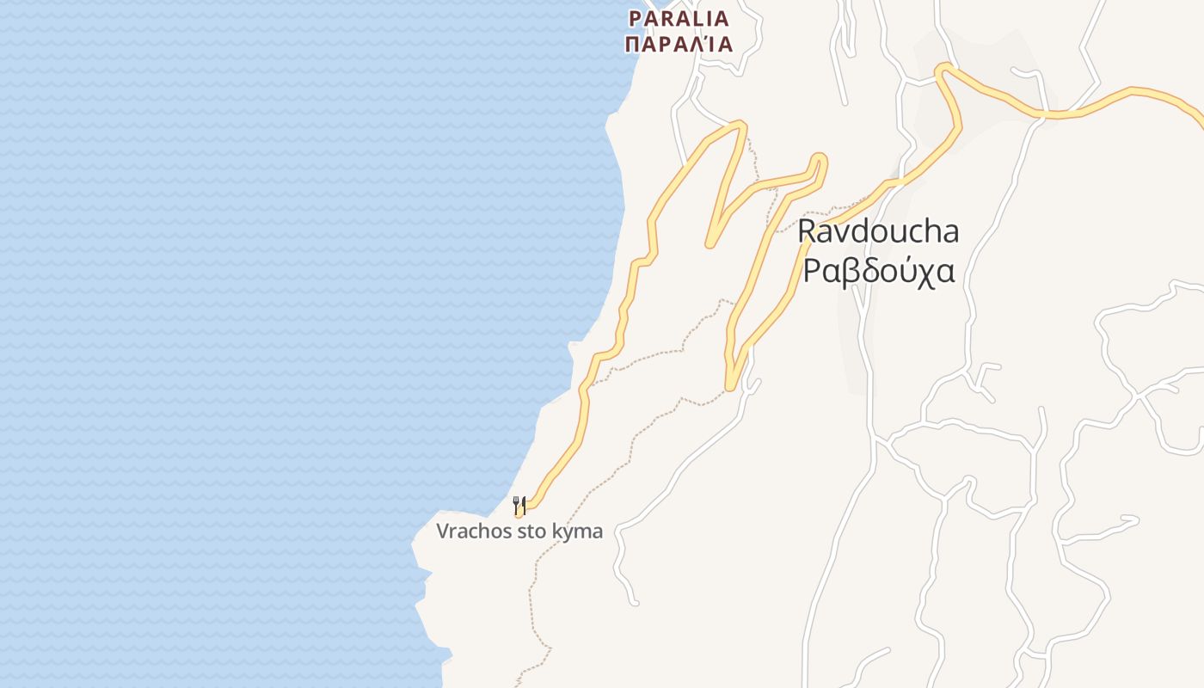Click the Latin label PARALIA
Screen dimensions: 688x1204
679,18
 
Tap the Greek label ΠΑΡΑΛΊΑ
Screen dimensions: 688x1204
679,44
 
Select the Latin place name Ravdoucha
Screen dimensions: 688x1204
878,231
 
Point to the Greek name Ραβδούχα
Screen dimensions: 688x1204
878,270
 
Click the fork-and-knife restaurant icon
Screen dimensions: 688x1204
519,505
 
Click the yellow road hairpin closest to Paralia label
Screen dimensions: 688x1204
738,126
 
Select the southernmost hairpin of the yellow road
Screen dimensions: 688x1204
731,386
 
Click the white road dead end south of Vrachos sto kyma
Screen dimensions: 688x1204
636,602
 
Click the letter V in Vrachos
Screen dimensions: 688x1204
442,531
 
